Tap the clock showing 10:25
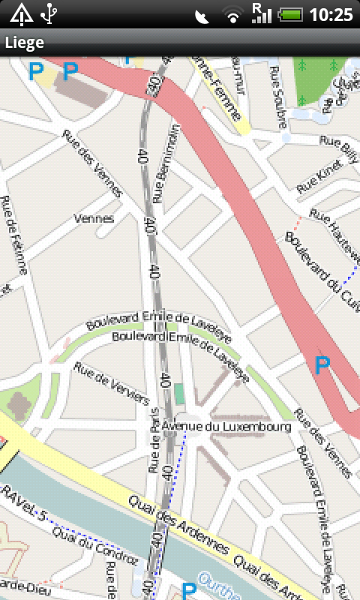pos(331,14)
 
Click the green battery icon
pos(289,14)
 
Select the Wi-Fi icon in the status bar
pos(233,15)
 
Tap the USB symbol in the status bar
pos(49,13)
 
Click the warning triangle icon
pos(20,13)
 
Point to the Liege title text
pos(24,43)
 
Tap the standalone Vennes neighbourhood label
pos(94,219)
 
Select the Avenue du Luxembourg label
pos(226,427)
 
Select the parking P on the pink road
pos(322,366)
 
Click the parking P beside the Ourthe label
pos(189,590)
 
